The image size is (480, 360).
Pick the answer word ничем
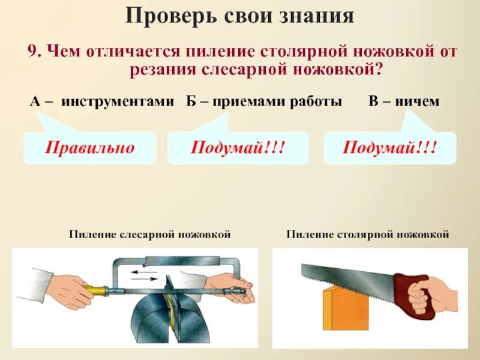420,102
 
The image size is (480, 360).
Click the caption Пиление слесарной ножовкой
150,235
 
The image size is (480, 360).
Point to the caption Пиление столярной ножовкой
368,235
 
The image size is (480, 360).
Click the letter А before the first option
35,102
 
